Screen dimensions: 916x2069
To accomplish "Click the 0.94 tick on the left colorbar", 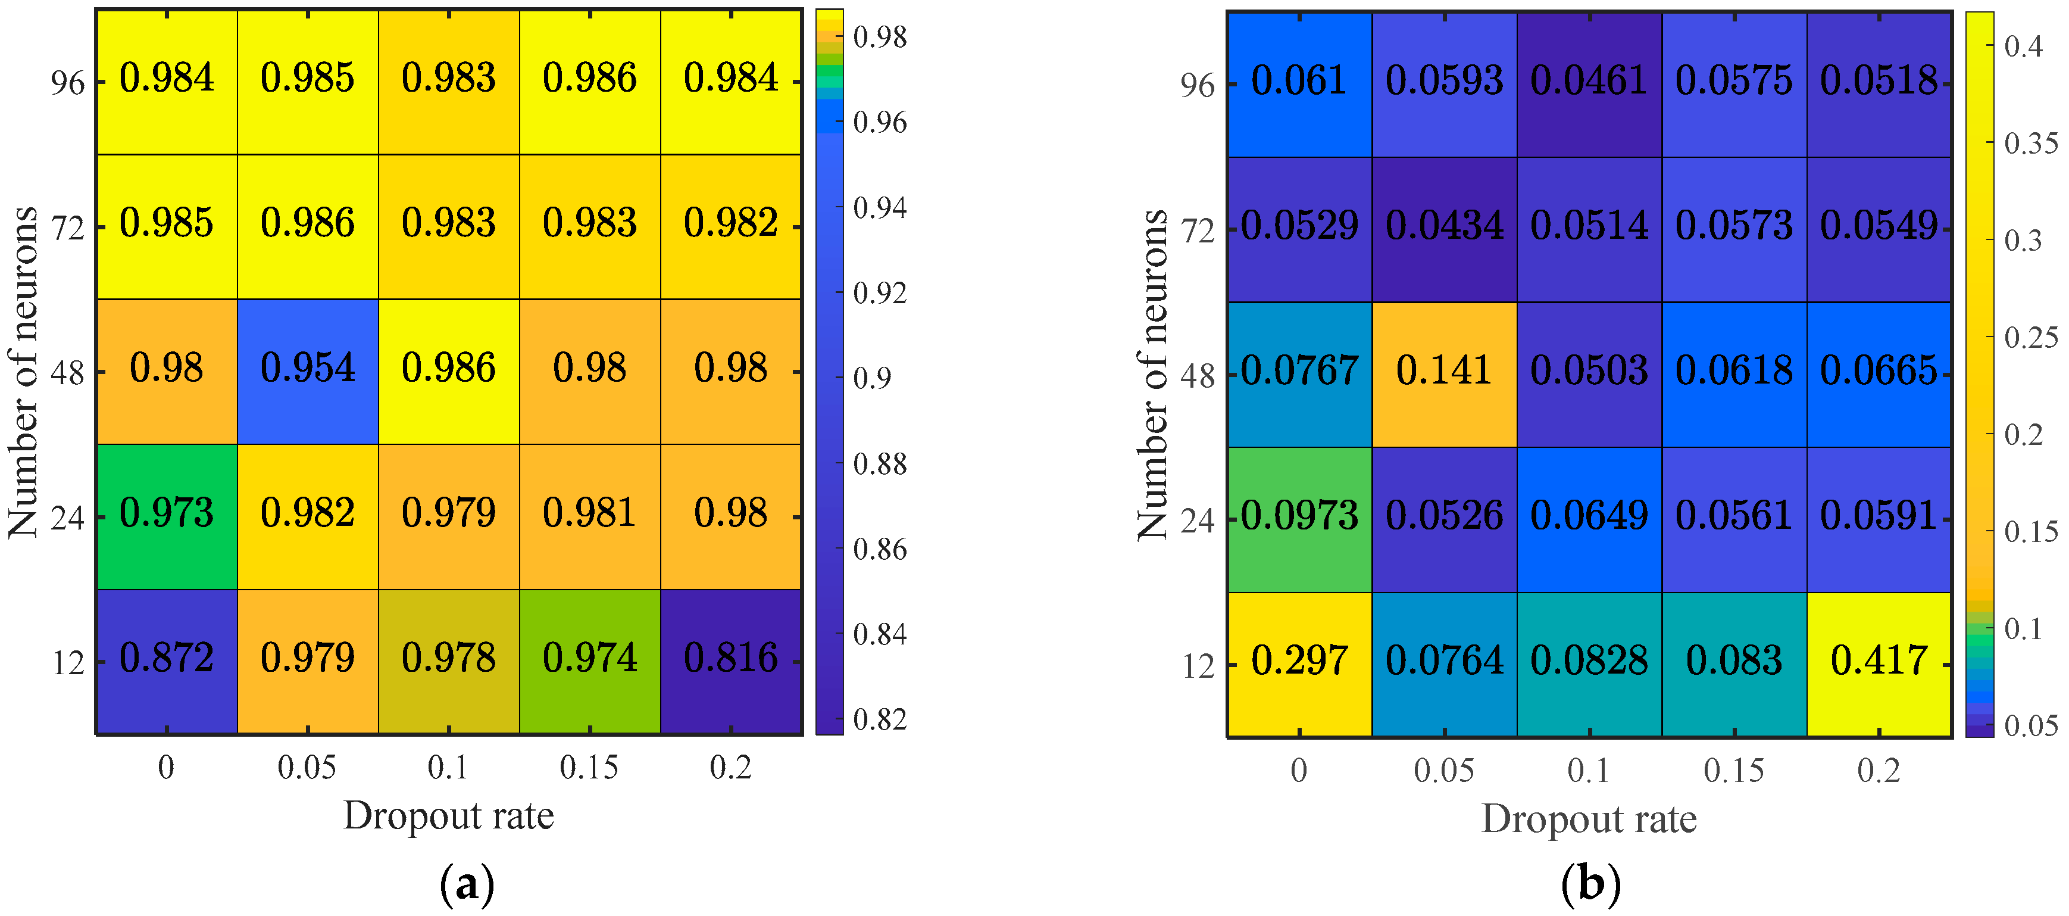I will click(880, 208).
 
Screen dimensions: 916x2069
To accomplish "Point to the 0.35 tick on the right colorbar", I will click(2030, 144).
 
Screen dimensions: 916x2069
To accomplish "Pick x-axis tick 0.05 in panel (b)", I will click(1443, 771).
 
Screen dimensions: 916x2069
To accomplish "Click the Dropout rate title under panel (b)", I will click(1588, 820).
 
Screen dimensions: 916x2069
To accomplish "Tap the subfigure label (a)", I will click(467, 884).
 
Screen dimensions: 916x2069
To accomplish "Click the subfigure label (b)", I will click(1590, 884).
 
